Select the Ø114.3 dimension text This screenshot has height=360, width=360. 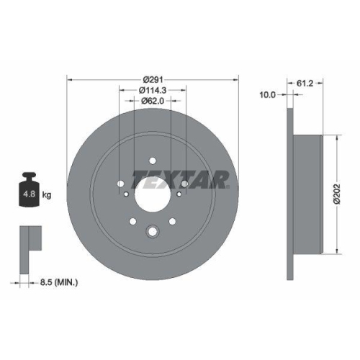coord(153,89)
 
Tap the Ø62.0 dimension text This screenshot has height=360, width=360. coord(153,101)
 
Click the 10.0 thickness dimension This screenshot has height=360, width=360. coord(269,94)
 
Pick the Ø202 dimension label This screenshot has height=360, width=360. coord(336,193)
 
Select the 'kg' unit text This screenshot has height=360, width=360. coord(47,194)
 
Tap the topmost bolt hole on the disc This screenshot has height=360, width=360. coord(153,161)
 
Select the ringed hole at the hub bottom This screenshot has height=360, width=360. coord(153,232)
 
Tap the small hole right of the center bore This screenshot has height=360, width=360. coord(184,184)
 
